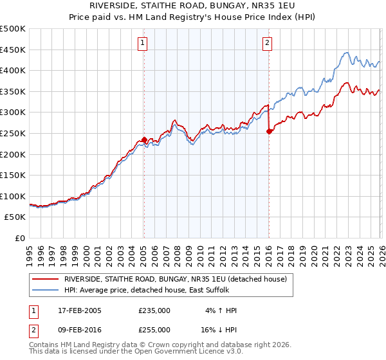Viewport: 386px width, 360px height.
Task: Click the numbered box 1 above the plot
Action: click(142, 43)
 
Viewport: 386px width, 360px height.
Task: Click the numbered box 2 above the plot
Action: click(267, 43)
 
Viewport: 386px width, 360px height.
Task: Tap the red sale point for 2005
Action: click(144, 139)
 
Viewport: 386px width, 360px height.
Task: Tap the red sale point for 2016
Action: click(268, 131)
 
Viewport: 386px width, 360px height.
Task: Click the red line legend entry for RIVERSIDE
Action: click(179, 278)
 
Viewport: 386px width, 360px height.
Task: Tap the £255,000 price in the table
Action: click(154, 328)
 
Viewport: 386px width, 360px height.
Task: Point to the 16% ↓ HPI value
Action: click(219, 328)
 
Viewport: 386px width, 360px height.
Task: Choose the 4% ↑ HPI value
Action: click(221, 310)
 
